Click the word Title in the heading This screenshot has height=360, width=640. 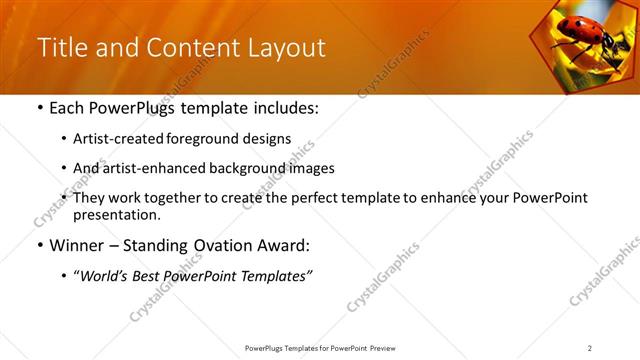(61, 48)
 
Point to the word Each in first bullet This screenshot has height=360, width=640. (67, 108)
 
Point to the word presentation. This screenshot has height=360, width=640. (118, 214)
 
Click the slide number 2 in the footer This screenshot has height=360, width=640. (589, 348)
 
